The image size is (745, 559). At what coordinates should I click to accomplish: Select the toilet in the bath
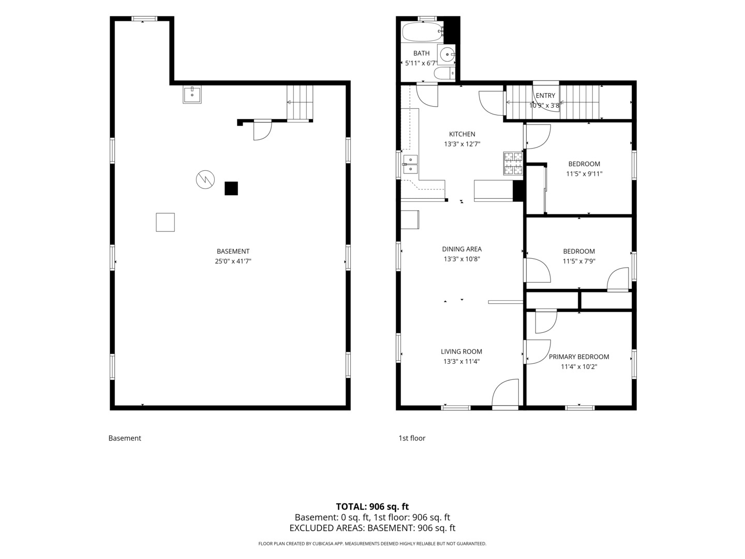(x=444, y=73)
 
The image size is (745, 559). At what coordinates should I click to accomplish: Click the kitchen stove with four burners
(x=513, y=163)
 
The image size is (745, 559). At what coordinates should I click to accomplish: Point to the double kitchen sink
(x=410, y=164)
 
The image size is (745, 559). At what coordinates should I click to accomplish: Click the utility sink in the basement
(x=192, y=95)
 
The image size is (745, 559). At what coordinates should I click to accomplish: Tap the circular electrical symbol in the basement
(x=205, y=180)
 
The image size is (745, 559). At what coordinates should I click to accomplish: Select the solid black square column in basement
(x=231, y=188)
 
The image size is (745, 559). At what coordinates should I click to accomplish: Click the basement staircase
(x=300, y=102)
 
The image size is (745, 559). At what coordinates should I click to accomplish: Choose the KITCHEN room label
(x=462, y=134)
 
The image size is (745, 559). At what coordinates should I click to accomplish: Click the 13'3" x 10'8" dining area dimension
(x=461, y=259)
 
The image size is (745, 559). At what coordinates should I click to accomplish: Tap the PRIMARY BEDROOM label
(x=579, y=357)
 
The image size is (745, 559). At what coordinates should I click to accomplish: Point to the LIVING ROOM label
(x=461, y=351)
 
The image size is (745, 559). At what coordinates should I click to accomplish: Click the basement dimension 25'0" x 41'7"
(x=233, y=261)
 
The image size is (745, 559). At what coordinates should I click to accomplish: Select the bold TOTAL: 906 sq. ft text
(x=373, y=507)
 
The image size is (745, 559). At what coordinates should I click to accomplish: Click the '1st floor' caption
(x=412, y=438)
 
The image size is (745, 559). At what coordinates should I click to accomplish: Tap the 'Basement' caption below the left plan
(x=125, y=438)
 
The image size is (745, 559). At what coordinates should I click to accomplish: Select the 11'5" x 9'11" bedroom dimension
(x=584, y=174)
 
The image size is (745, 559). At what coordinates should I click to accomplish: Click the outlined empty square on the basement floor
(x=165, y=223)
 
